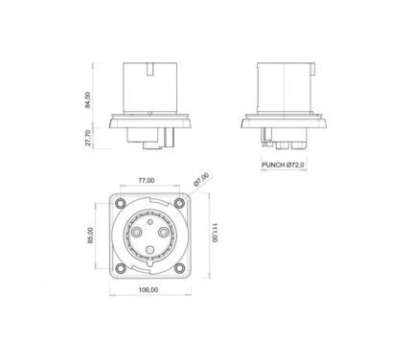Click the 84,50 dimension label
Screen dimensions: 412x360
87,100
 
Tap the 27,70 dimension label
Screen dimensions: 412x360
88,138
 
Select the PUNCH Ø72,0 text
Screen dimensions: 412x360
284,165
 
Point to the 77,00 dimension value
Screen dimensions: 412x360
147,181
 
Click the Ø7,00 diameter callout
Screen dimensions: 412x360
201,180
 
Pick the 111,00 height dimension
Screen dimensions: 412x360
215,232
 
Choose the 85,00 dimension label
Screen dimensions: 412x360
90,236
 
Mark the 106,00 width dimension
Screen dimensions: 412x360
148,290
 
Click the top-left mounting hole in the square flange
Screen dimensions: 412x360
121,203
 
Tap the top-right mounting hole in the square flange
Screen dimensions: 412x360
179,203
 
